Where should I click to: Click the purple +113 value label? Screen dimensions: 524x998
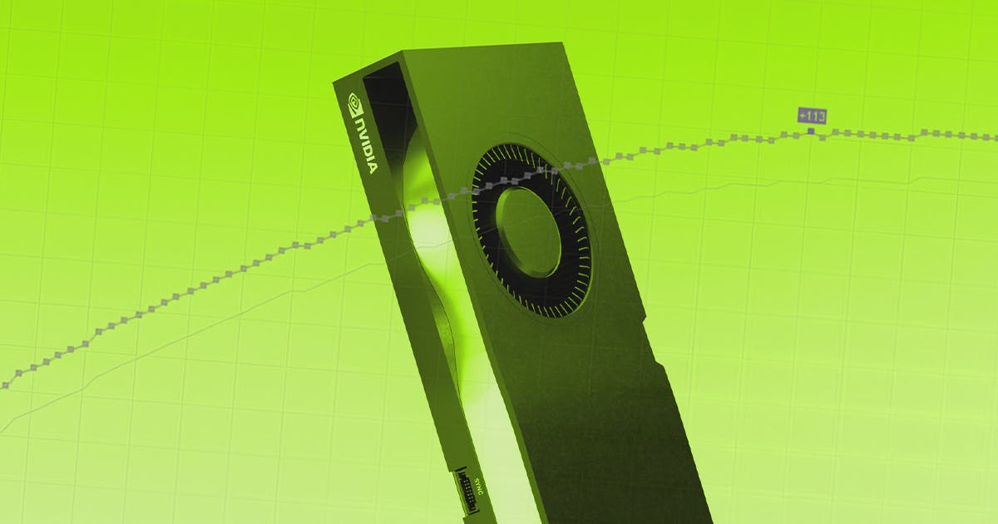[x=811, y=116]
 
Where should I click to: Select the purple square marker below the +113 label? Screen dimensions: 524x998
[x=811, y=131]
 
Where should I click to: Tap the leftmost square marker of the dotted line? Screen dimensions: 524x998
[x=5, y=385]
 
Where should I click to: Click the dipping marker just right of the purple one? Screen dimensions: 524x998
[x=823, y=137]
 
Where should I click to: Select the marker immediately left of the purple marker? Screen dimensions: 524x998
[x=798, y=133]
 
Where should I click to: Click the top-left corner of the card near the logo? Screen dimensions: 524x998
[x=336, y=82]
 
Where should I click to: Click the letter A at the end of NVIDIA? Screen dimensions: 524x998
[x=371, y=166]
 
